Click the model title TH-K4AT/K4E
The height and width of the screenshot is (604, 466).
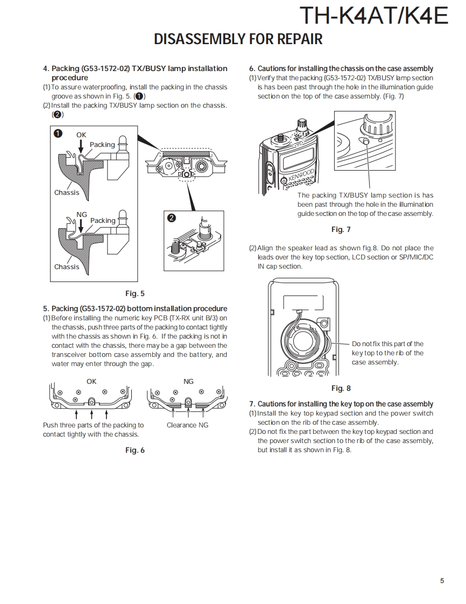pyautogui.click(x=373, y=16)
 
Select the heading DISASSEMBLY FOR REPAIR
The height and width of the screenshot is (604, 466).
pyautogui.click(x=238, y=39)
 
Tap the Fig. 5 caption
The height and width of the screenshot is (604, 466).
pyautogui.click(x=135, y=294)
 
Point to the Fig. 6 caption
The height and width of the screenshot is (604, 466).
pyautogui.click(x=135, y=451)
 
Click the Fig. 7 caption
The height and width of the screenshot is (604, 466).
pyautogui.click(x=341, y=230)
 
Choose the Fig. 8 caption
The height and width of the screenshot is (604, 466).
pyautogui.click(x=341, y=389)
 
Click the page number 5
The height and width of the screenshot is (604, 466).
pyautogui.click(x=442, y=580)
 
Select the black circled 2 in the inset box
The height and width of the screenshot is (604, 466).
pyautogui.click(x=171, y=217)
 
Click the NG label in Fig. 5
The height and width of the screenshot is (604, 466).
pyautogui.click(x=81, y=215)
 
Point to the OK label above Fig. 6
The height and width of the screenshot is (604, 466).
pyautogui.click(x=91, y=381)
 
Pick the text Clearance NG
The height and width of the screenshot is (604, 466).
pyautogui.click(x=187, y=425)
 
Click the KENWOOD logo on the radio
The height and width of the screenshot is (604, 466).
pyautogui.click(x=301, y=176)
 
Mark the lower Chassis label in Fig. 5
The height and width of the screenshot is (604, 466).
pyautogui.click(x=66, y=267)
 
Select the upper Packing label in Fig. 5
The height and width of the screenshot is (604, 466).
pyautogui.click(x=102, y=145)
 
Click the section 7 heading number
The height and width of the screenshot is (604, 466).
pyautogui.click(x=252, y=404)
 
